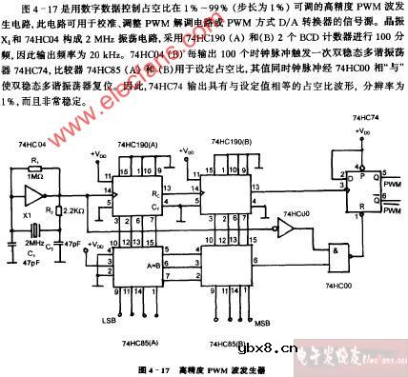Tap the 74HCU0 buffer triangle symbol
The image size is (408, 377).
[285, 228]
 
